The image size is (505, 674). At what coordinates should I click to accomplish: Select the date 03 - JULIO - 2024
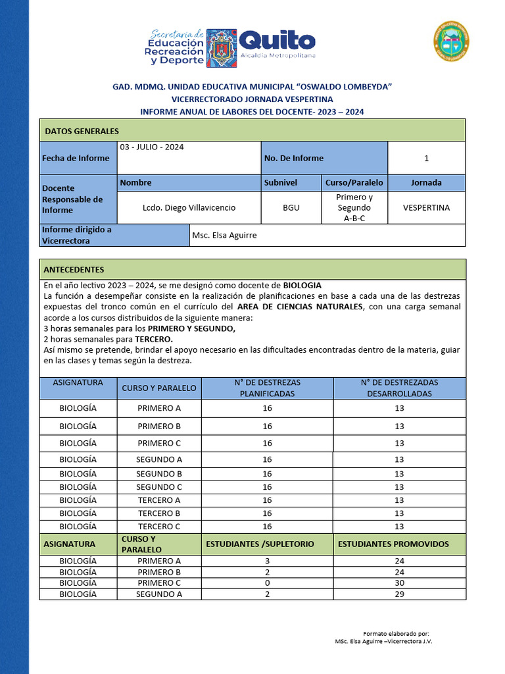point(151,147)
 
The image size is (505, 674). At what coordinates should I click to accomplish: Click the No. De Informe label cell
point(293,158)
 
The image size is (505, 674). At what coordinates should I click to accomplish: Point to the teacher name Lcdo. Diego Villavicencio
point(189,207)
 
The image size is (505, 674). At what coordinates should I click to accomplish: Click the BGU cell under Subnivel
point(291,207)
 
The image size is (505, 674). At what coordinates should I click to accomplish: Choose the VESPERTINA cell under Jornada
point(426,207)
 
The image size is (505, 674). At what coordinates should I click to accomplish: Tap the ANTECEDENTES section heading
point(74,270)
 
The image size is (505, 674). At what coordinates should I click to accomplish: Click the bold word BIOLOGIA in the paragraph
point(302,286)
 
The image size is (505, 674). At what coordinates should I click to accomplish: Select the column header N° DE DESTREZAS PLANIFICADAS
point(267,388)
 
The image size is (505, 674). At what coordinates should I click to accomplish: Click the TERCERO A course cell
point(158,500)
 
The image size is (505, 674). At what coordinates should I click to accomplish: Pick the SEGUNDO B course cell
point(158,474)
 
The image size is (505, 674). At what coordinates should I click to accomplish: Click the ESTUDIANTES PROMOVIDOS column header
point(393,544)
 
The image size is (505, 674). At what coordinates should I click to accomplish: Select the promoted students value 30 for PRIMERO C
point(399,583)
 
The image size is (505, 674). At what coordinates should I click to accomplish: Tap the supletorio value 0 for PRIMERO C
point(267,583)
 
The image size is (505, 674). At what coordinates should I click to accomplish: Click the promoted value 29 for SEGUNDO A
point(399,594)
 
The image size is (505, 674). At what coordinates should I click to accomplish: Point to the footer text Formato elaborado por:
point(396,633)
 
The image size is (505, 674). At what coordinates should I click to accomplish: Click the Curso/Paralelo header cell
point(354,182)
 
